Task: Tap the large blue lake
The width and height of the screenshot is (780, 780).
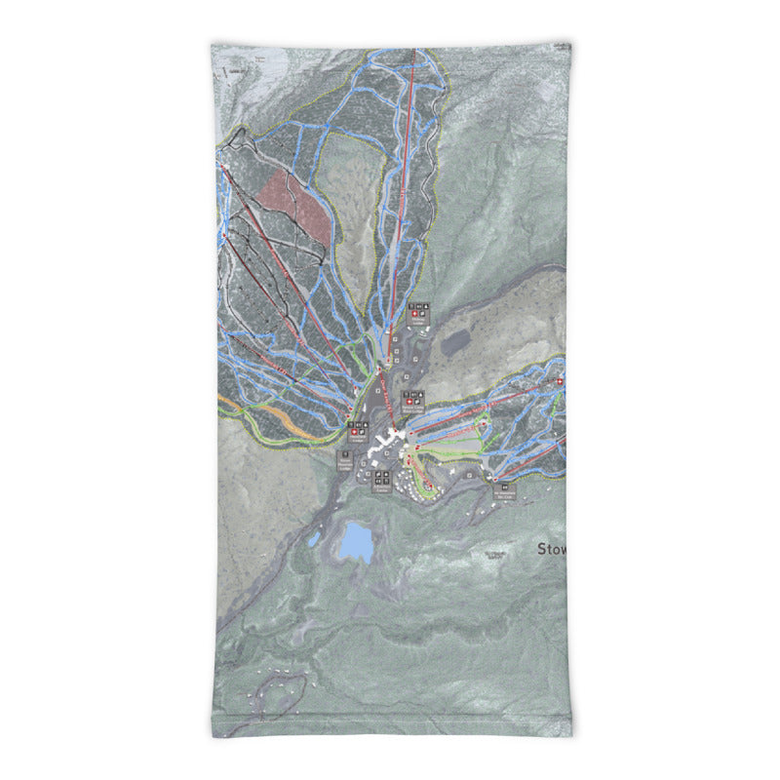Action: pyautogui.click(x=356, y=542)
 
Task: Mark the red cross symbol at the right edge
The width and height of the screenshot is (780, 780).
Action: pyautogui.click(x=561, y=381)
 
